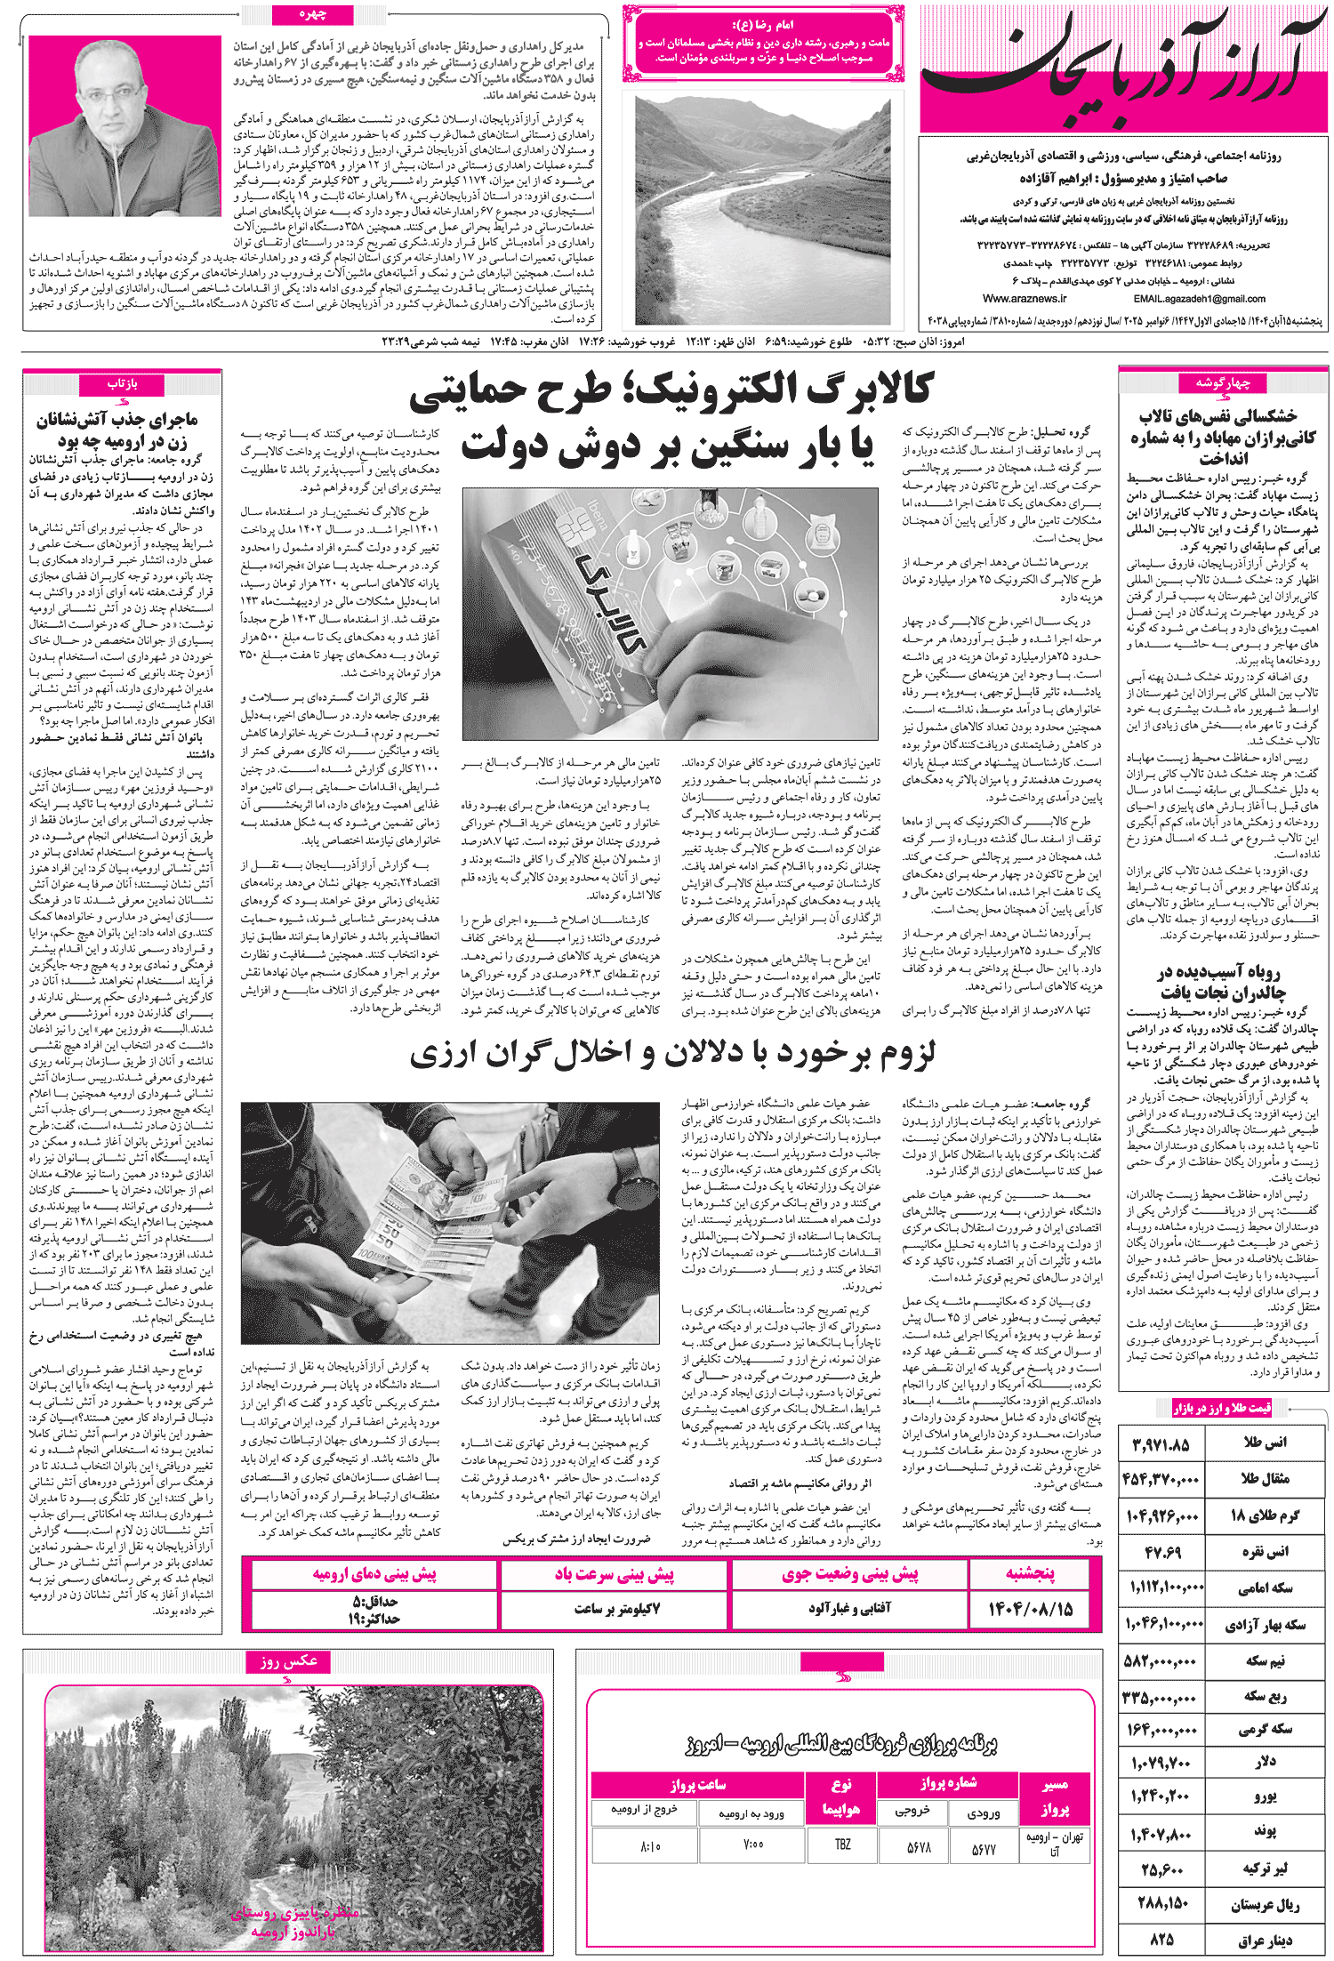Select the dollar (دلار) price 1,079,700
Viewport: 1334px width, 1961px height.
(x=1161, y=1762)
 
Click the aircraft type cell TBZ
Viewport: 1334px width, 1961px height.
(x=842, y=1844)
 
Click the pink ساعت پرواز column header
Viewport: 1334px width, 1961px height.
(x=697, y=1784)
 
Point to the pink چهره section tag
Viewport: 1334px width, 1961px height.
(x=313, y=14)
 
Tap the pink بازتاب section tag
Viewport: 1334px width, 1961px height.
(x=122, y=383)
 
